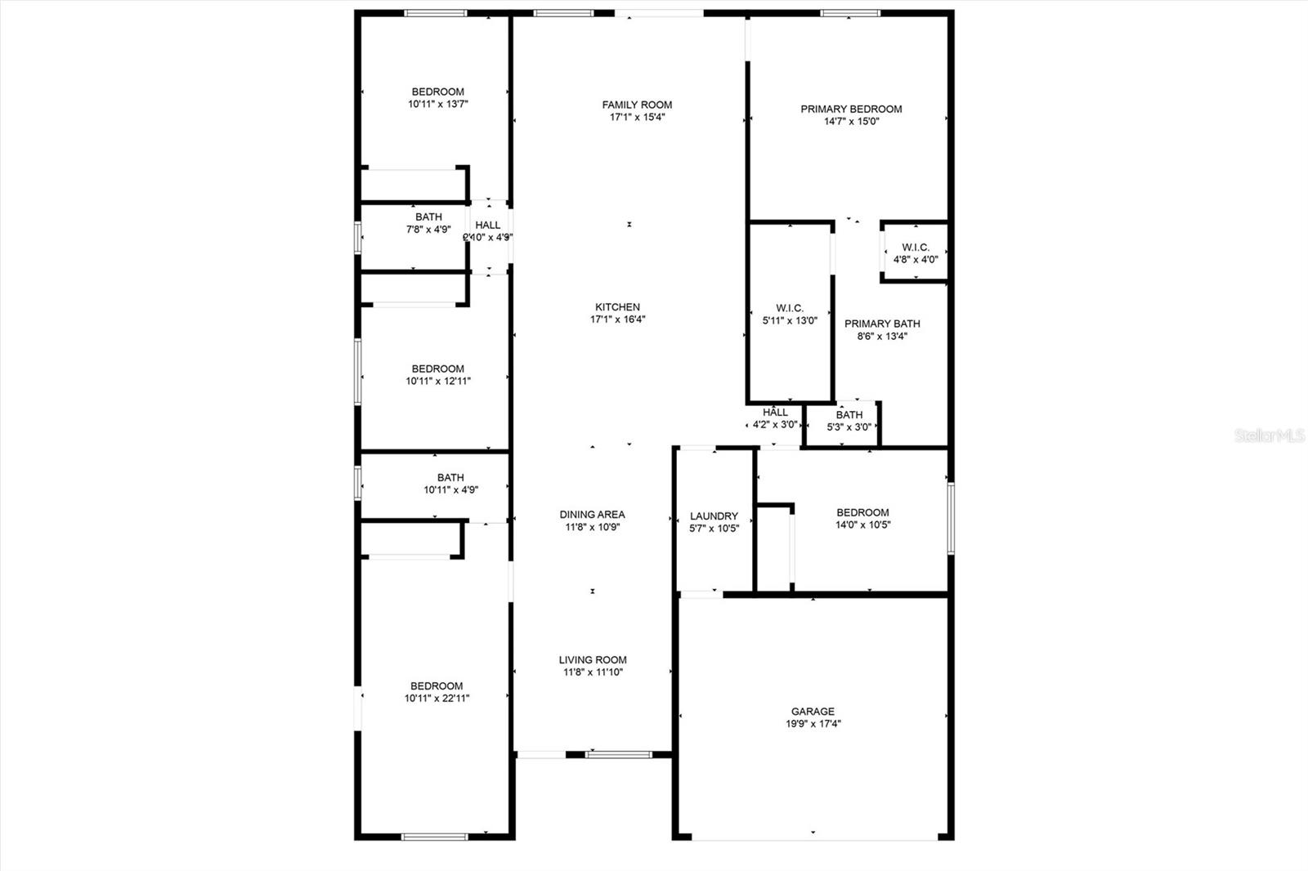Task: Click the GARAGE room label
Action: [812, 712]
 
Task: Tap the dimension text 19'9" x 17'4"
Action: [812, 724]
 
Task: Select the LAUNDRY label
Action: [714, 516]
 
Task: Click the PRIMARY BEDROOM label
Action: [851, 109]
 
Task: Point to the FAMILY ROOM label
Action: [637, 105]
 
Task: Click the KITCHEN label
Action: [617, 307]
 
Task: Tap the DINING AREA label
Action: [592, 515]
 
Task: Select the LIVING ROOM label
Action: [593, 660]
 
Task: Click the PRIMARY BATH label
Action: [882, 324]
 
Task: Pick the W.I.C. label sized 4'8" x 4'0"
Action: [915, 248]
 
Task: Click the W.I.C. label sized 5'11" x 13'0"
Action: [790, 308]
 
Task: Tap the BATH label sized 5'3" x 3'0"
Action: [849, 415]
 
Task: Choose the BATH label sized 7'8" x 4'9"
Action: [428, 217]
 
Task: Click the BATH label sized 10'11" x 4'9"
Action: [450, 478]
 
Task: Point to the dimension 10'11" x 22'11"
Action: [437, 699]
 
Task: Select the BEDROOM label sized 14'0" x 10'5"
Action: [862, 513]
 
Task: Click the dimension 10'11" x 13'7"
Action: [437, 105]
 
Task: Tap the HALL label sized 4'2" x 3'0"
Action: [775, 413]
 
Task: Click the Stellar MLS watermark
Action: [1270, 437]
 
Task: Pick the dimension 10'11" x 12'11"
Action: [437, 381]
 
